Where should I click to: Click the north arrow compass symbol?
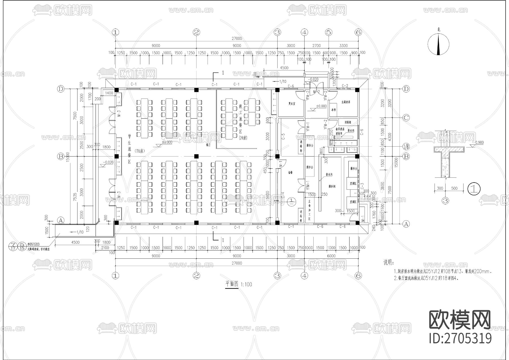439,44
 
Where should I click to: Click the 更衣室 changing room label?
292,104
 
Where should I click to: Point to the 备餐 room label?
290,172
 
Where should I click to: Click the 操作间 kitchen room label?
332,187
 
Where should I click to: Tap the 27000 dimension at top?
237,38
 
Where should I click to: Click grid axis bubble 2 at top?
197,32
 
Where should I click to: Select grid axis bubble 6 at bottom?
358,275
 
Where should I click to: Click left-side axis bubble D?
61,89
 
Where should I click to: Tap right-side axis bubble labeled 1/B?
406,147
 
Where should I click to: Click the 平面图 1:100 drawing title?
238,284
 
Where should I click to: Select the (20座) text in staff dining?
243,138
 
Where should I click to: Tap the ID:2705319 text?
460,338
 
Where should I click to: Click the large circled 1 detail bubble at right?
474,189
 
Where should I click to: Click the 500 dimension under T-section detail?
454,188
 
